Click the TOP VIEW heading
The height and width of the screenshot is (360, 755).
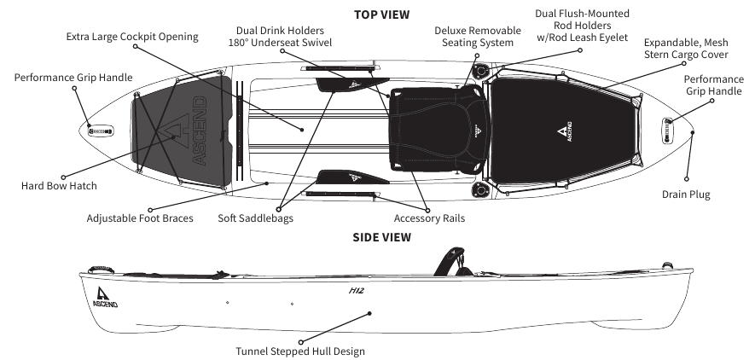point(381,15)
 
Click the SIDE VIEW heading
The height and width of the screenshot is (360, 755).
point(381,237)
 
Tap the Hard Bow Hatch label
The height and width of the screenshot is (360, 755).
point(59,186)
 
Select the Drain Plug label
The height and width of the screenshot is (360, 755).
point(686,195)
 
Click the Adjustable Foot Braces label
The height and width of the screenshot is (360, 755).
point(140,218)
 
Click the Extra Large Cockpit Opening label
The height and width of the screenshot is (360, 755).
point(132,37)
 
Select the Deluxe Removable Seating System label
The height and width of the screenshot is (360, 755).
point(473,37)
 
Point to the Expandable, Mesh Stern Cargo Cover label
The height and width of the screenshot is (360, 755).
point(686,48)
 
